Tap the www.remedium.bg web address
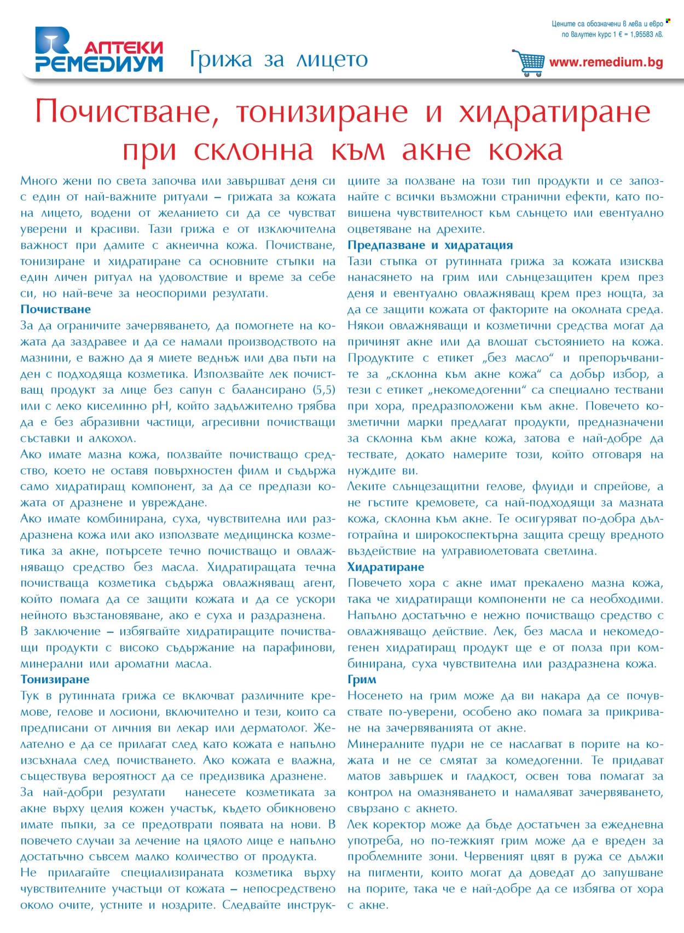pyautogui.click(x=606, y=62)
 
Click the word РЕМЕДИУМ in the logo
pyautogui.click(x=99, y=64)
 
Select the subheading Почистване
pyautogui.click(x=56, y=309)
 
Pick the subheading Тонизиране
pyautogui.click(x=55, y=679)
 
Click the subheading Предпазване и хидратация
pyautogui.click(x=430, y=245)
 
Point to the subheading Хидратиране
pyautogui.click(x=386, y=567)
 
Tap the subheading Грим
pyautogui.click(x=362, y=679)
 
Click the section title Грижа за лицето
pyautogui.click(x=279, y=59)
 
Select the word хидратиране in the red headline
pyautogui.click(x=554, y=112)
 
